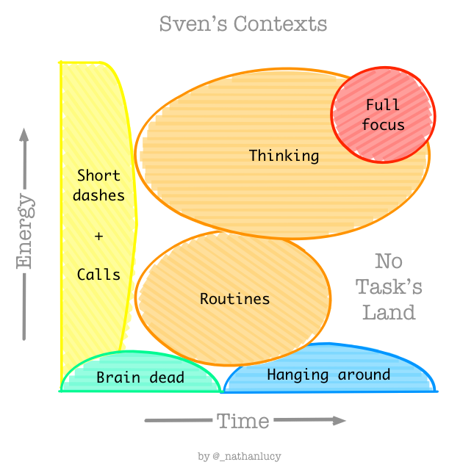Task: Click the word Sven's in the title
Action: click(193, 24)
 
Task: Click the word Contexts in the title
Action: click(280, 24)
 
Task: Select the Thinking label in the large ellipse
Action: click(284, 156)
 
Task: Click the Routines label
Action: click(234, 299)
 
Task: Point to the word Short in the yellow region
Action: click(98, 176)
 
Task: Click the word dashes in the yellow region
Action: click(98, 195)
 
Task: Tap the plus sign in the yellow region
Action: click(98, 236)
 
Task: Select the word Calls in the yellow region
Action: click(98, 275)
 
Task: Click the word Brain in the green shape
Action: click(118, 378)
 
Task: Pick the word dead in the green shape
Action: click(167, 378)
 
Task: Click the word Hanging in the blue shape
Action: click(298, 375)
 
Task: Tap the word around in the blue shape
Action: click(364, 375)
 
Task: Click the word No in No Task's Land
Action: click(389, 261)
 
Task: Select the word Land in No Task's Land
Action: click(389, 313)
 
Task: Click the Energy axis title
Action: click(25, 231)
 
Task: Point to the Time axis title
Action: click(243, 421)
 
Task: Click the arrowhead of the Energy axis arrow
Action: click(24, 134)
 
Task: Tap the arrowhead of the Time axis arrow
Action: click(340, 421)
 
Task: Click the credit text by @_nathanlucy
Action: click(240, 456)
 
